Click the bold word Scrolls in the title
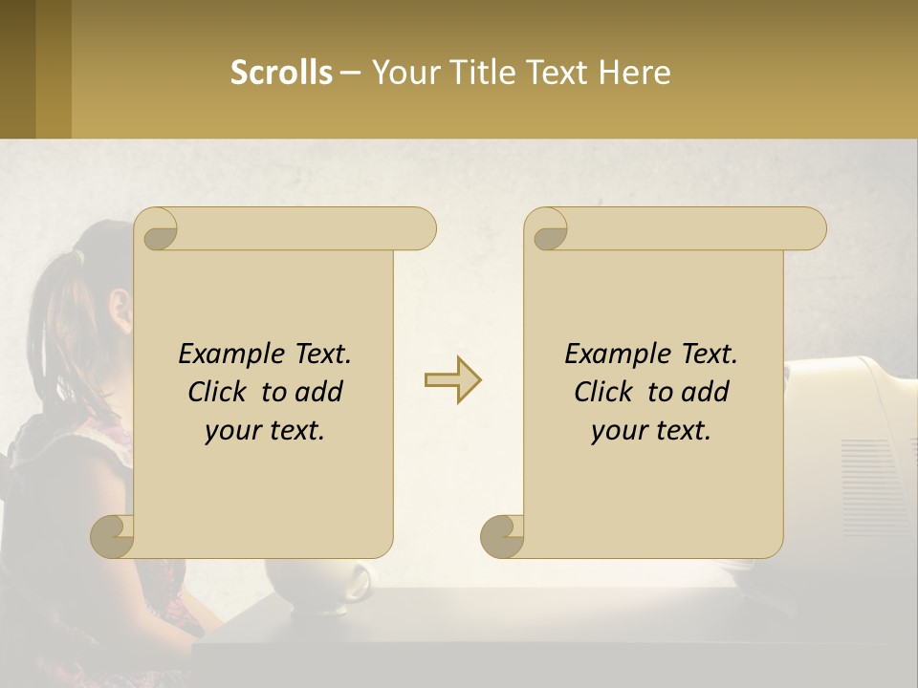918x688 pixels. [x=281, y=73]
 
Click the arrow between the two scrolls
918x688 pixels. [x=452, y=380]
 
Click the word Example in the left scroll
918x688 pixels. [x=229, y=355]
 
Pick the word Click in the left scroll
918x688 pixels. [x=220, y=392]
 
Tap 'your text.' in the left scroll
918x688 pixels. [x=265, y=431]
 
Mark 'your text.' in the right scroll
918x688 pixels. [x=651, y=431]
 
